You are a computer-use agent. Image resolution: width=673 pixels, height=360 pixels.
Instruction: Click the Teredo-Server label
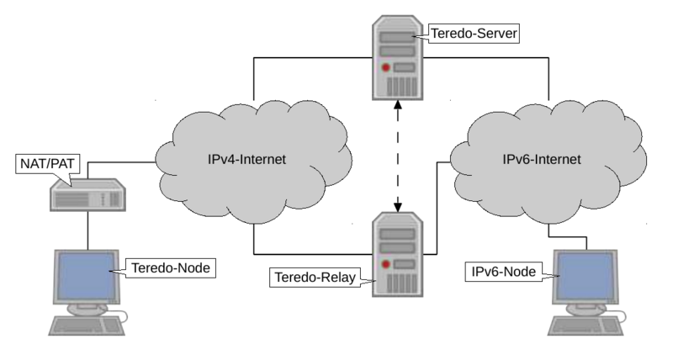point(474,34)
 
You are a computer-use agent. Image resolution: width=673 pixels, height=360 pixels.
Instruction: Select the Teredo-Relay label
point(313,276)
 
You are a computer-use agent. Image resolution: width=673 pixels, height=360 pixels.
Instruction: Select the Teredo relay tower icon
point(398,252)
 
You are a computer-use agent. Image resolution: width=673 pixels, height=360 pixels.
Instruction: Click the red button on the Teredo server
point(386,66)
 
